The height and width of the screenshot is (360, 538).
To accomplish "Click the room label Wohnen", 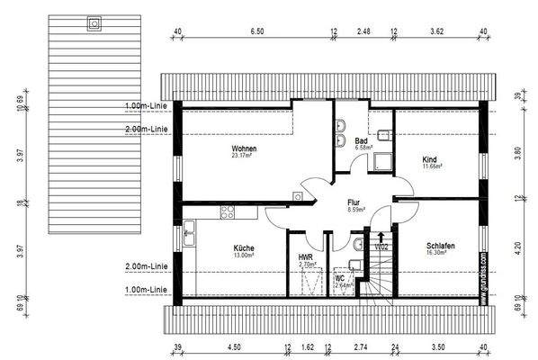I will click(244, 148).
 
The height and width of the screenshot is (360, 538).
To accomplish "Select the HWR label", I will click(305, 257).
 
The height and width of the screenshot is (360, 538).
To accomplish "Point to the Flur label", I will click(354, 202).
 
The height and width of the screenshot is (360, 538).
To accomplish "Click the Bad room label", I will click(361, 141).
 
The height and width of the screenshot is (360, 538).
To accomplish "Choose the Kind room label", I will click(429, 160).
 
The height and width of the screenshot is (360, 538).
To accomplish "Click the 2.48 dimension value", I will click(363, 31).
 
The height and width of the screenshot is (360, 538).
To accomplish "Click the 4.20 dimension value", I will click(516, 242).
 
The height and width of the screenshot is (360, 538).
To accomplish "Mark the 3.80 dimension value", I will click(516, 152).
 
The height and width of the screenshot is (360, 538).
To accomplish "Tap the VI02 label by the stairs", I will click(382, 246).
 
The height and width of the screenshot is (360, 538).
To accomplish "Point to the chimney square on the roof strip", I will click(91, 23).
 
